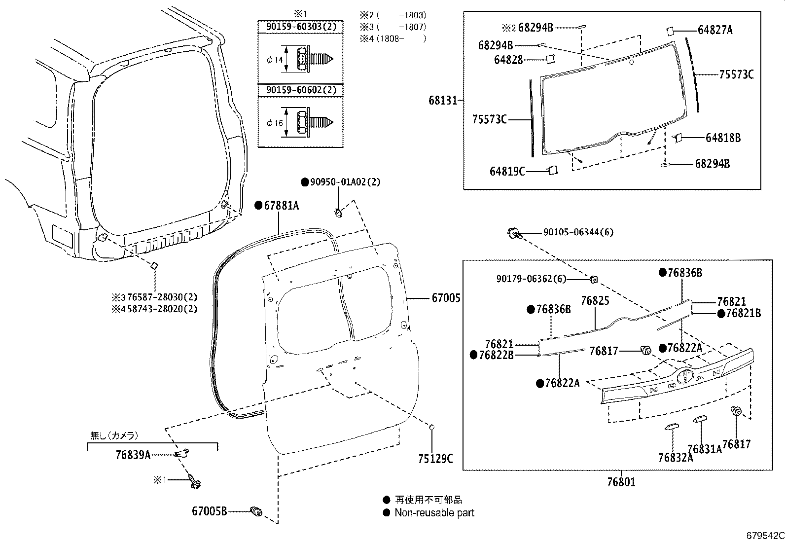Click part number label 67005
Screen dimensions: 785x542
point(446,298)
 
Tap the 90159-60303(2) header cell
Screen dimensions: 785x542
point(301,27)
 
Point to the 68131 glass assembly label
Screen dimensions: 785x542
point(443,101)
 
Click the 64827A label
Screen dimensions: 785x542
point(715,30)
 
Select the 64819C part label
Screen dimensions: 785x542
point(507,171)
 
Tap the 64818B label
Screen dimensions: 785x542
point(723,138)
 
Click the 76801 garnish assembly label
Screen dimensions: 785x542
point(621,482)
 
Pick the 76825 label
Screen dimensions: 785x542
point(595,300)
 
